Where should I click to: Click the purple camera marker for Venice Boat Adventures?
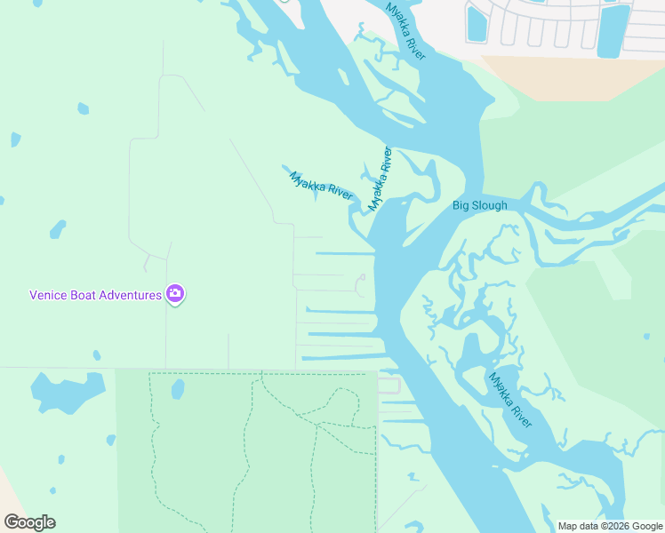175,294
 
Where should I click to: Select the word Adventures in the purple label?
131,295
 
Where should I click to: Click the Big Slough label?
479,206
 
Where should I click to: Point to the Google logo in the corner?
29,522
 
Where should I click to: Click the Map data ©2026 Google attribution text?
610,526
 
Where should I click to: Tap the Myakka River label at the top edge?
406,31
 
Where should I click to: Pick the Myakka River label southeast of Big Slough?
510,399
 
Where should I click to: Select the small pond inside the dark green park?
177,389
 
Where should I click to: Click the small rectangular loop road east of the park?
389,385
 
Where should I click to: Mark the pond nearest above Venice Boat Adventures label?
58,229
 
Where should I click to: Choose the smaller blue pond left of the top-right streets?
477,21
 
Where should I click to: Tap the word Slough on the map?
490,206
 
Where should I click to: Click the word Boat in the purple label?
85,295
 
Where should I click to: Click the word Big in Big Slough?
461,206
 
